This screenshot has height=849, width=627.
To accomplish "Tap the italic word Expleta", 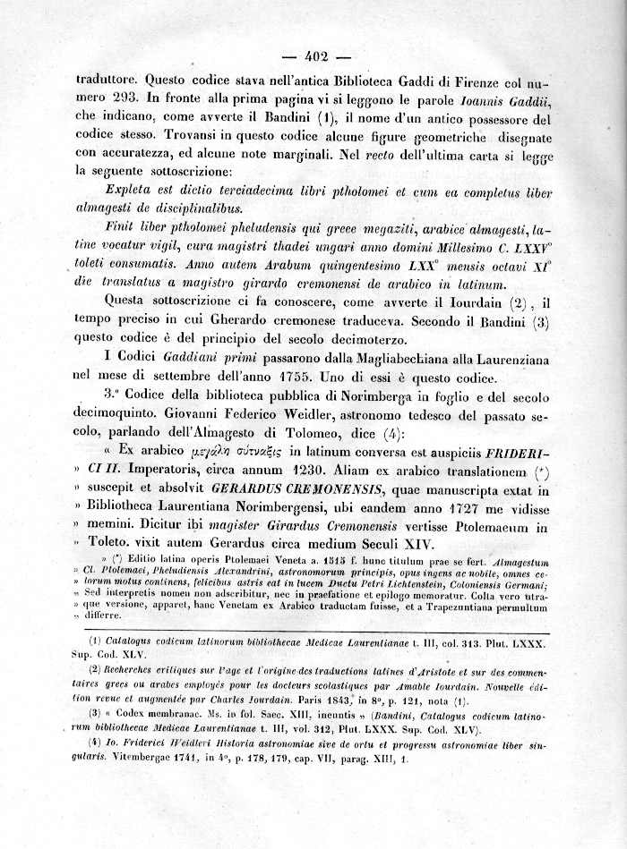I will (x=133, y=191).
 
